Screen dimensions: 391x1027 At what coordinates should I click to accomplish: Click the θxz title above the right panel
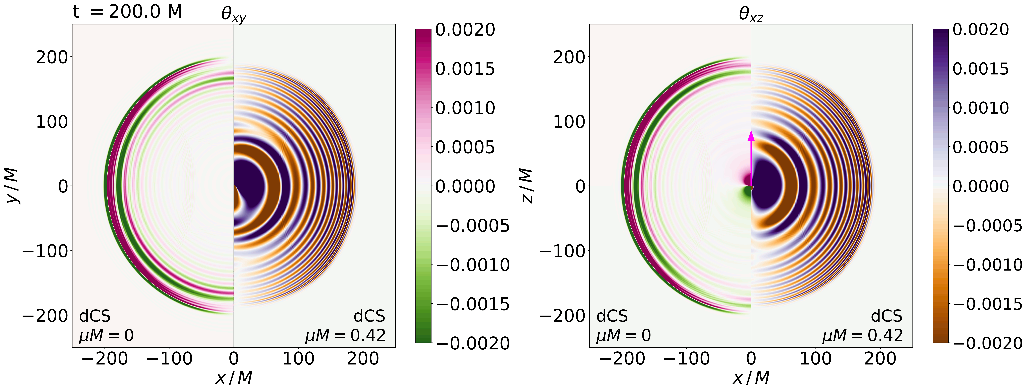click(751, 14)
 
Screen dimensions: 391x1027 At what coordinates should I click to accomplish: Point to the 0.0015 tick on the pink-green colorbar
click(465, 69)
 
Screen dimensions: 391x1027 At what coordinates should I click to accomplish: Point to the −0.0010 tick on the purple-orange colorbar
click(987, 264)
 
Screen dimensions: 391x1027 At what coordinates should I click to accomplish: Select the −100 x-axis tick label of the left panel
click(169, 358)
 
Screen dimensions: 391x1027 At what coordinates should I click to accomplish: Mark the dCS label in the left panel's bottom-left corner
click(95, 316)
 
